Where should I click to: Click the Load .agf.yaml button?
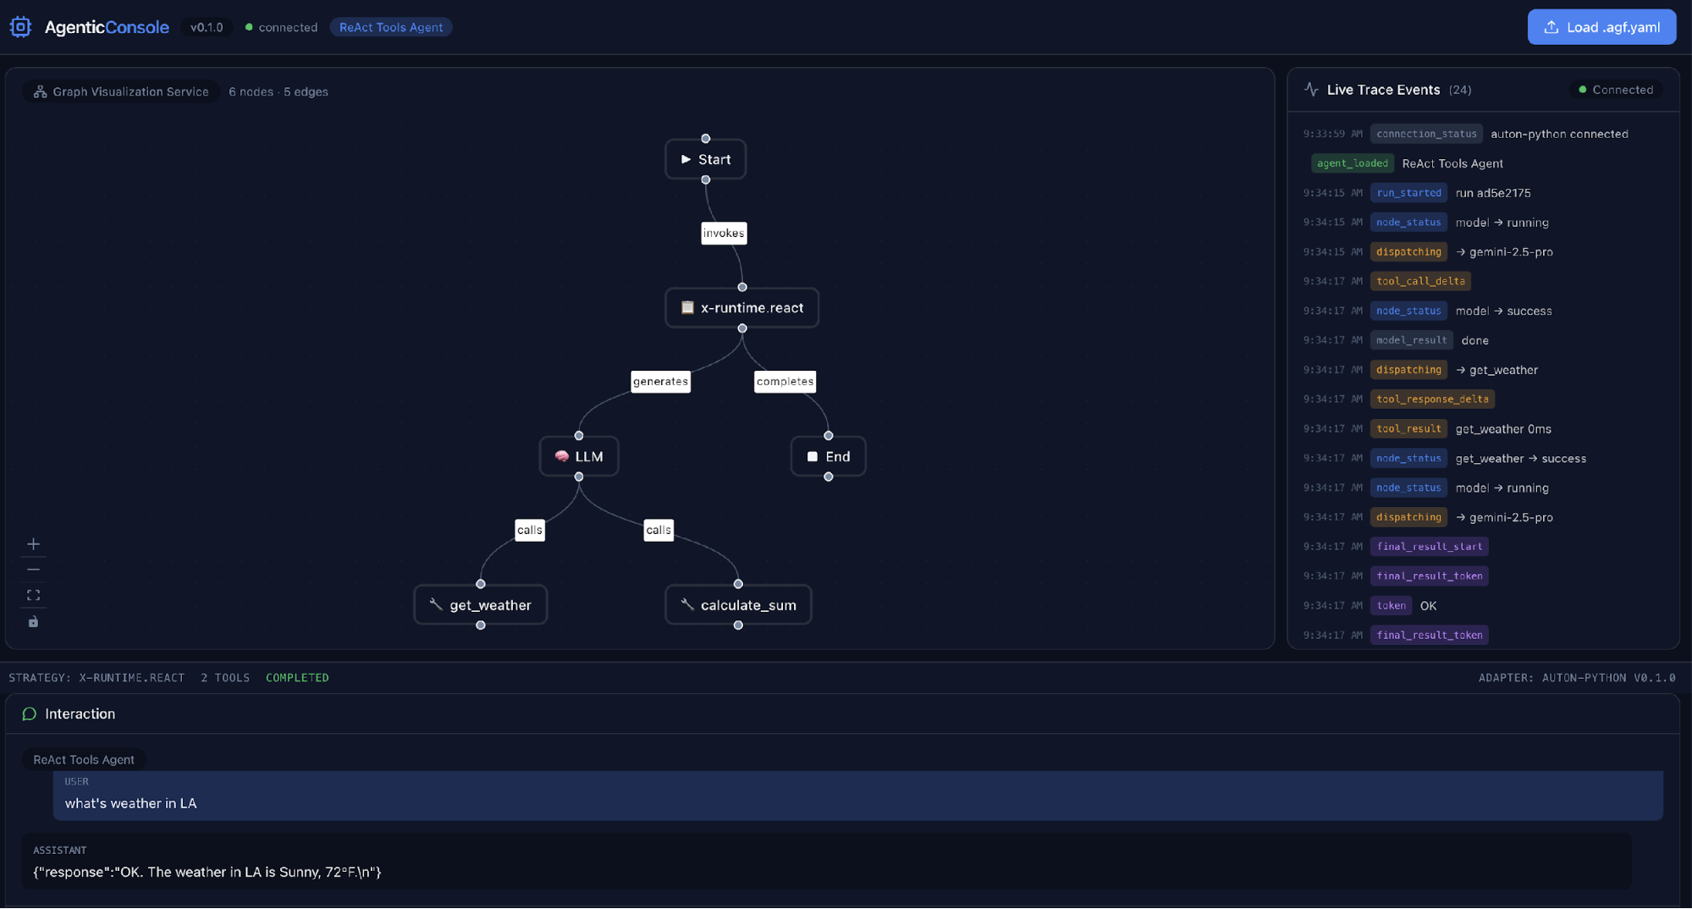point(1601,27)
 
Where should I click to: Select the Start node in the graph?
point(705,159)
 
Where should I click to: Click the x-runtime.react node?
point(741,308)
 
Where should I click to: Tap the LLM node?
point(579,456)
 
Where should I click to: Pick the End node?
point(828,456)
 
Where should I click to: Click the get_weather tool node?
point(480,605)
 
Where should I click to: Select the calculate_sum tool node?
point(738,605)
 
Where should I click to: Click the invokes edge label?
point(724,234)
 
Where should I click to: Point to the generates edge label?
point(660,382)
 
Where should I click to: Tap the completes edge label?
point(785,382)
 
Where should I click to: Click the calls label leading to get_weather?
point(529,531)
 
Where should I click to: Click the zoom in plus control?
point(33,544)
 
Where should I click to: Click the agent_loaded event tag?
point(1352,163)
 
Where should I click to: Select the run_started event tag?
point(1408,193)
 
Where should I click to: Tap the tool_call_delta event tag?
point(1420,281)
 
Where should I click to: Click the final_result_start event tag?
point(1429,547)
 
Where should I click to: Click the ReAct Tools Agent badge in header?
point(390,27)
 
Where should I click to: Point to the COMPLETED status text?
point(297,678)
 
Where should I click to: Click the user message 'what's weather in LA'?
point(131,803)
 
